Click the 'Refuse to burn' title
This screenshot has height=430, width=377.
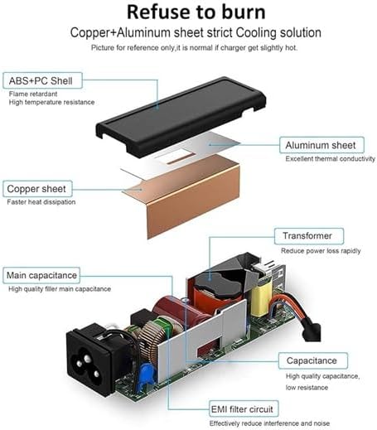point(196,12)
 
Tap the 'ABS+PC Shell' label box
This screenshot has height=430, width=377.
point(42,80)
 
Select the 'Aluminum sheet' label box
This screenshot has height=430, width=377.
point(321,145)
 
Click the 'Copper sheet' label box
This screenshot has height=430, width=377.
point(37,189)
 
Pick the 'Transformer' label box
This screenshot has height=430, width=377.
point(309,236)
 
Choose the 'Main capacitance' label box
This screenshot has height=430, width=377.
point(41,275)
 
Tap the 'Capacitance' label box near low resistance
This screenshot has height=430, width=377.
point(313,360)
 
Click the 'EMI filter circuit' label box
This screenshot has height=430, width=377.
point(244,408)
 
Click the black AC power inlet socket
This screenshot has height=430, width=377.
point(89,359)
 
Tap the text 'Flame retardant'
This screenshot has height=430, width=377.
point(33,94)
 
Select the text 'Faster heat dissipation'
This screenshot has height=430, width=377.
point(41,202)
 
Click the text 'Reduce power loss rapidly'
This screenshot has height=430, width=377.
point(321,251)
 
